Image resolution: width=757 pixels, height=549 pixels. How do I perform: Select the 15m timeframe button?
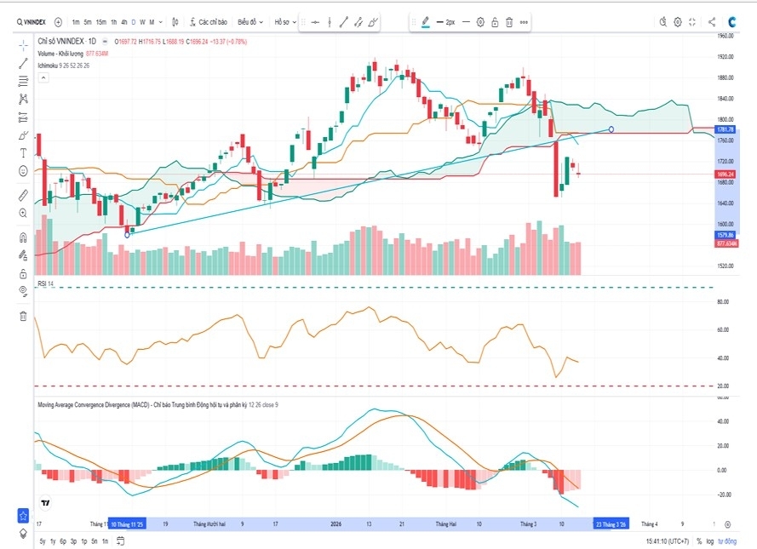click(101, 22)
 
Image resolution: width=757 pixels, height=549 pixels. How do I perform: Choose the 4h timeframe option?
click(124, 22)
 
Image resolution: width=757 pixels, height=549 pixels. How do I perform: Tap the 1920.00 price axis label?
click(725, 57)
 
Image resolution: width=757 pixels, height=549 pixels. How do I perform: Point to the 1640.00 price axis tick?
click(725, 203)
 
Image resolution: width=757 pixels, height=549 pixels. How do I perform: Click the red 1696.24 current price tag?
click(725, 174)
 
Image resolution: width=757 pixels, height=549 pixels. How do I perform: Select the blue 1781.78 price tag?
click(725, 129)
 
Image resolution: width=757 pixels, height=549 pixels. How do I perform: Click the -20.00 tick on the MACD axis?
click(725, 494)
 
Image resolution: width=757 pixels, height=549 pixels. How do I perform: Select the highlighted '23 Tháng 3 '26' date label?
click(611, 524)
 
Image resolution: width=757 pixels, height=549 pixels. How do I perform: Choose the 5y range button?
click(43, 540)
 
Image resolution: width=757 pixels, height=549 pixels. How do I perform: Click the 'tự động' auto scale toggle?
click(726, 540)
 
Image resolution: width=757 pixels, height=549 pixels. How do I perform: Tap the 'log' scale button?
click(709, 540)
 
